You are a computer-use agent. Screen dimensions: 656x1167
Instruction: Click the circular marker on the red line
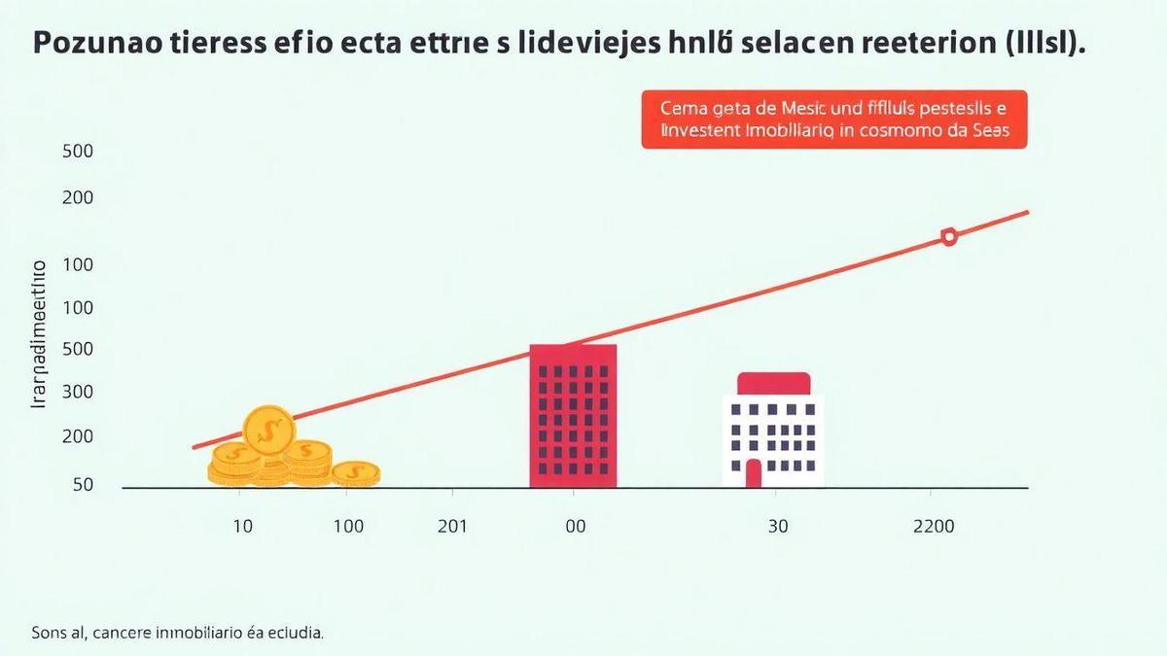click(949, 236)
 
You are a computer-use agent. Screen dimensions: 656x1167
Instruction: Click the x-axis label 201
click(452, 527)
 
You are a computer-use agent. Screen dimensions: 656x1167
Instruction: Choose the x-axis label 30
click(777, 527)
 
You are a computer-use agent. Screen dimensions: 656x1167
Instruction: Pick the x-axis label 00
click(575, 527)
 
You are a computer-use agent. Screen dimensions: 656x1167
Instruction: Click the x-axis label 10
click(242, 527)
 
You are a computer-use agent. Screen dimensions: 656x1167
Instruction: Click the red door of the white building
click(753, 473)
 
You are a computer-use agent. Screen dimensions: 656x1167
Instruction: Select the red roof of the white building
click(773, 383)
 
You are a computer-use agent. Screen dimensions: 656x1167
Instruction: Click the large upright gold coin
click(267, 430)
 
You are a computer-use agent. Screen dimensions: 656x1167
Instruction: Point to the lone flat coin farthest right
click(355, 473)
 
